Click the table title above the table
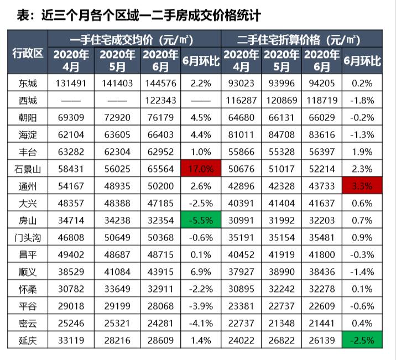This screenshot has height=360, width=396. [131, 14]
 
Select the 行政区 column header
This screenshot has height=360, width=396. [28, 54]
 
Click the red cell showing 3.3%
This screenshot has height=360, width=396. [362, 185]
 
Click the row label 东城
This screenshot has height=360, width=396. [28, 83]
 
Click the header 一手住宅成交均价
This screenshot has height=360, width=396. [134, 40]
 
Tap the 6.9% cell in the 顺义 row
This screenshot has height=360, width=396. [201, 271]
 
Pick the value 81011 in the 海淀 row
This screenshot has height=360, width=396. [242, 134]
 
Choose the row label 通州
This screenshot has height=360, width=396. [28, 185]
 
